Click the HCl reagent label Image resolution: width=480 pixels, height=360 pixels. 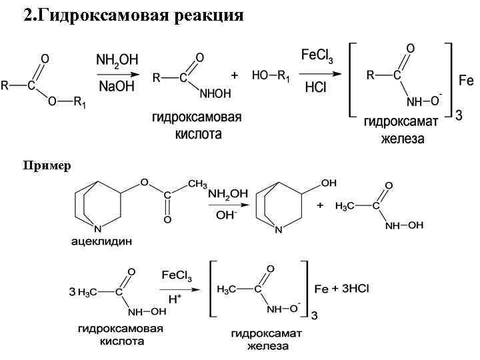coord(315,87)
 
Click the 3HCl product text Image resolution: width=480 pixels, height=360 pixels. coord(354,288)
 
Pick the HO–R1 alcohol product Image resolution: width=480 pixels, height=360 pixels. coord(271,77)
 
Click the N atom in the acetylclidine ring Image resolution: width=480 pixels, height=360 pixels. coord(98,227)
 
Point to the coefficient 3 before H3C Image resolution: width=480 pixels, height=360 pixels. coord(72,292)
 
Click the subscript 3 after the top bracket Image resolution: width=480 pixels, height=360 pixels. coord(458,116)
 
